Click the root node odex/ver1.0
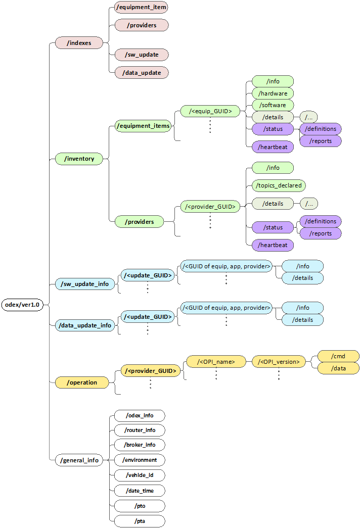click(23, 305)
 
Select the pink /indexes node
click(79, 43)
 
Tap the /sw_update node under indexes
click(141, 55)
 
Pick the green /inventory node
click(79, 159)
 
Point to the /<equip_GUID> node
click(210, 111)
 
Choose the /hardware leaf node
click(273, 93)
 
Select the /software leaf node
click(273, 105)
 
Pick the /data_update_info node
click(85, 325)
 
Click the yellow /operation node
click(82, 382)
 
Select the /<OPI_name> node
click(216, 361)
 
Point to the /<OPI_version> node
click(279, 361)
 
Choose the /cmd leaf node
click(338, 357)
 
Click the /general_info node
click(79, 460)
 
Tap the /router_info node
click(139, 430)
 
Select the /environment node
click(139, 460)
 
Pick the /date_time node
click(139, 491)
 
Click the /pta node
click(139, 521)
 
